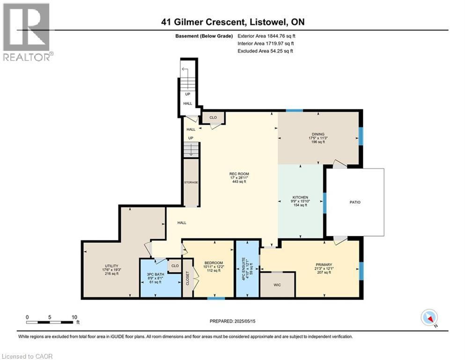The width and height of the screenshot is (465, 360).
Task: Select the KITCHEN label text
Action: [x=300, y=197]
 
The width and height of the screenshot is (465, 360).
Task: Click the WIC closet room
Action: [x=277, y=284]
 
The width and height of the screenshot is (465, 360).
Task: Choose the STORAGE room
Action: [x=191, y=182]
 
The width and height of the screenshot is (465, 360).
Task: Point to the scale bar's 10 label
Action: [x=74, y=317]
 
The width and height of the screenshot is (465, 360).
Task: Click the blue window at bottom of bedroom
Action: [x=215, y=297]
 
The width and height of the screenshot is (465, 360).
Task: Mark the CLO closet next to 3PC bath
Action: [x=175, y=266]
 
